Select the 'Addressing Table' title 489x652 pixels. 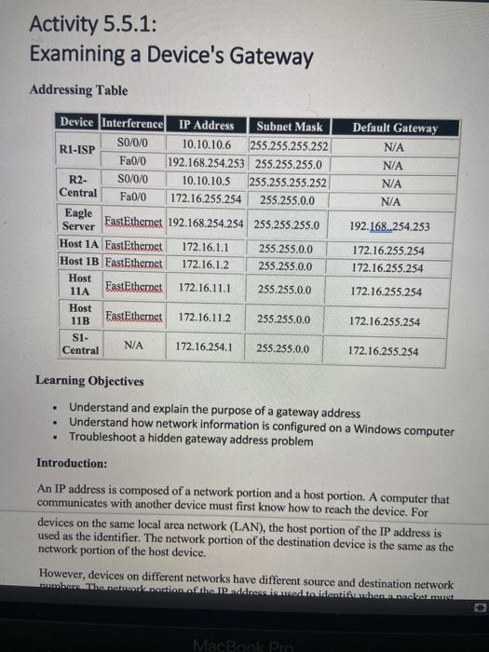click(x=79, y=90)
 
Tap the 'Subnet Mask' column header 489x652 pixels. click(x=290, y=126)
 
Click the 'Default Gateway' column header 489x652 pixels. click(x=395, y=128)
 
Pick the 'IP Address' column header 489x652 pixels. click(x=206, y=126)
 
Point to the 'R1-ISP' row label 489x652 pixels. click(x=77, y=149)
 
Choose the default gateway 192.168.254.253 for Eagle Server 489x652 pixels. click(x=390, y=225)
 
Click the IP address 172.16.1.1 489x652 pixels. click(x=205, y=248)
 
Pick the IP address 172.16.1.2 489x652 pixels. click(x=205, y=265)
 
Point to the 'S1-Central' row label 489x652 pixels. click(x=80, y=344)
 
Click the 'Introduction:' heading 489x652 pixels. click(x=72, y=463)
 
